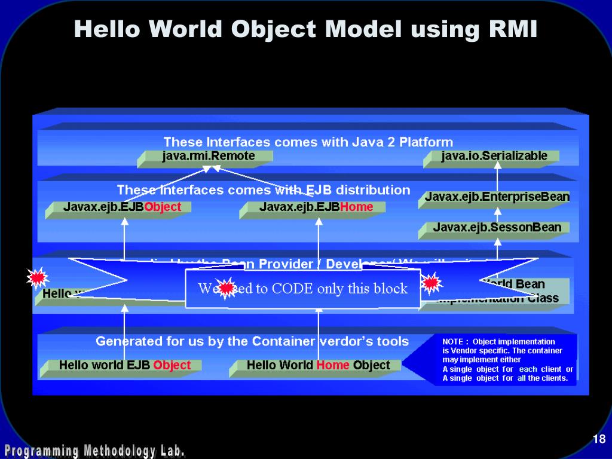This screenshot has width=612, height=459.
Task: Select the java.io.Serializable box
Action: pyautogui.click(x=494, y=157)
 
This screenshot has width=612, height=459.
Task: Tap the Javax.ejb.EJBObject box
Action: pyautogui.click(x=122, y=207)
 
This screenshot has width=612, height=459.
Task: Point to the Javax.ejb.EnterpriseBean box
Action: pyautogui.click(x=497, y=197)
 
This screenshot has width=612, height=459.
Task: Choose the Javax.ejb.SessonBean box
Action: pyautogui.click(x=497, y=227)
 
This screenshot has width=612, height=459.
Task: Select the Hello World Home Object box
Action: pyautogui.click(x=318, y=365)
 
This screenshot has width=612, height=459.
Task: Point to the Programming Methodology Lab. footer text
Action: pyautogui.click(x=94, y=450)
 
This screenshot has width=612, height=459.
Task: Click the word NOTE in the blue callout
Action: pyautogui.click(x=453, y=342)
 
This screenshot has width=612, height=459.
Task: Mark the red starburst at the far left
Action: pyautogui.click(x=37, y=277)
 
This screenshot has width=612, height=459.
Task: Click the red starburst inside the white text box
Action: pyautogui.click(x=226, y=288)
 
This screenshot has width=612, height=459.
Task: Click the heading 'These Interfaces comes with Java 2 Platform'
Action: pyautogui.click(x=308, y=142)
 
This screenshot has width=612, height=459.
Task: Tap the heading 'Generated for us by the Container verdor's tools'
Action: pyautogui.click(x=252, y=341)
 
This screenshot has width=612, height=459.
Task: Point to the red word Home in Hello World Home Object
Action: pyautogui.click(x=333, y=365)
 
